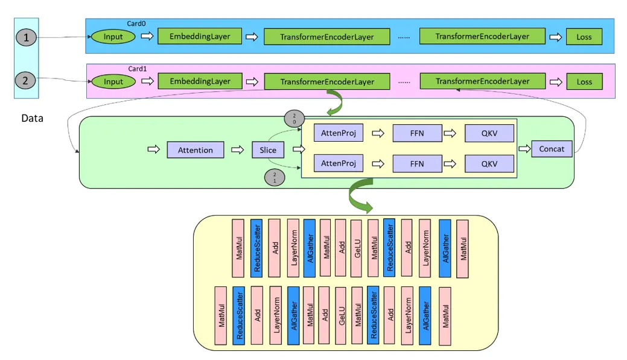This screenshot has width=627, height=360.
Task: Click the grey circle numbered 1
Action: click(x=26, y=37)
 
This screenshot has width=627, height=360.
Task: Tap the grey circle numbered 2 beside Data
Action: click(x=26, y=80)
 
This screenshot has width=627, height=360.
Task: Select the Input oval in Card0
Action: click(x=113, y=37)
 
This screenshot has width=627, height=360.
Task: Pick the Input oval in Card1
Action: click(x=113, y=81)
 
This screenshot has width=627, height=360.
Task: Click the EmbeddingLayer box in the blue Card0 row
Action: click(x=200, y=36)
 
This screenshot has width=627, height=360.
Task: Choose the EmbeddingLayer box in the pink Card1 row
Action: click(x=200, y=81)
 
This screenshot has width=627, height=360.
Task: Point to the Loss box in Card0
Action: click(x=584, y=37)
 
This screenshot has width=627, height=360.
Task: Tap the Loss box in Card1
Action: click(x=584, y=81)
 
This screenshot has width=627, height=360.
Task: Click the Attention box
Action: click(x=195, y=150)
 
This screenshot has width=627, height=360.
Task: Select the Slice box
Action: click(x=267, y=150)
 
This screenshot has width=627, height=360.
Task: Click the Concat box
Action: click(x=552, y=149)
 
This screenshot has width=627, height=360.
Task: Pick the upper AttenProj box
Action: click(x=338, y=133)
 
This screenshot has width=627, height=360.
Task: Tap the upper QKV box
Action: click(x=489, y=133)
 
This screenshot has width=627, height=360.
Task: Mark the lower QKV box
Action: click(x=489, y=163)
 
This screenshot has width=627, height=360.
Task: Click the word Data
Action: click(x=32, y=119)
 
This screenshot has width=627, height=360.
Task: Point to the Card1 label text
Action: click(x=137, y=69)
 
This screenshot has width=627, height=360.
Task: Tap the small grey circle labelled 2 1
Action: click(x=275, y=177)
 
